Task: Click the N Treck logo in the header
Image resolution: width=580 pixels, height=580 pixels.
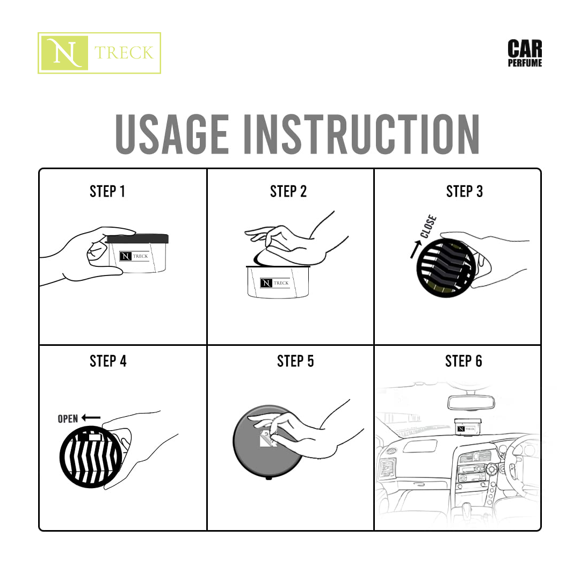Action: tap(99, 53)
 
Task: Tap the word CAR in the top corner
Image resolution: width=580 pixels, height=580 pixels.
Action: tap(525, 49)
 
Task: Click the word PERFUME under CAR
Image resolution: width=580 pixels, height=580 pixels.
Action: tap(525, 63)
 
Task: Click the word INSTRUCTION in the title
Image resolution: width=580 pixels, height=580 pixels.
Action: tap(361, 134)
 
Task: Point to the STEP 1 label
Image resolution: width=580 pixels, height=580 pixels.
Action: tap(107, 192)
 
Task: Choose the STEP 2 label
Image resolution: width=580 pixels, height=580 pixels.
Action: tap(288, 192)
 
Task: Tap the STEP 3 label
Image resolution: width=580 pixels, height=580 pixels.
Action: tap(465, 192)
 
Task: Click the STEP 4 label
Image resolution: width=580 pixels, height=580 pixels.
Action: tap(108, 361)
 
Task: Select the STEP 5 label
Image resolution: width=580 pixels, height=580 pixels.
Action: tap(295, 361)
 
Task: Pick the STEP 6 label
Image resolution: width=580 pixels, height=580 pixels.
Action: tap(463, 361)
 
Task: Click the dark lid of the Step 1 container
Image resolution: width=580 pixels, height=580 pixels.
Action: tap(138, 238)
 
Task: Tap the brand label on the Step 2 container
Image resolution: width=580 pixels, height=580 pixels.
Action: tap(275, 283)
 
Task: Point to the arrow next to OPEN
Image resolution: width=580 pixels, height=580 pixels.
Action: tap(91, 417)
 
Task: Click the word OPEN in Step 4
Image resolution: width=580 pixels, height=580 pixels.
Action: tap(68, 419)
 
